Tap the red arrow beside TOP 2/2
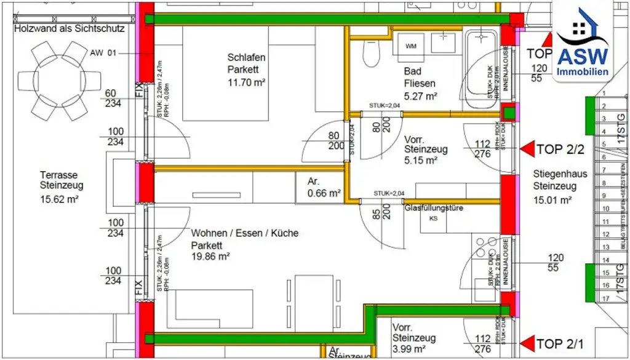[x=527, y=149]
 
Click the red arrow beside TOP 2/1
[x=527, y=343]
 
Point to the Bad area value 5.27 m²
[x=421, y=96]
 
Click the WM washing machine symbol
[x=411, y=46]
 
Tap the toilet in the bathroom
[x=371, y=54]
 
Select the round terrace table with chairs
[x=60, y=80]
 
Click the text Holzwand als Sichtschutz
[x=69, y=29]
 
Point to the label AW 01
[x=103, y=53]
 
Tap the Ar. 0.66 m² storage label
[x=324, y=188]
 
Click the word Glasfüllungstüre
[x=433, y=209]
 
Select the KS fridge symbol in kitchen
[x=433, y=218]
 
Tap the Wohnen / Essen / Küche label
[x=244, y=233]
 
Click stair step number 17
[x=606, y=298]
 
